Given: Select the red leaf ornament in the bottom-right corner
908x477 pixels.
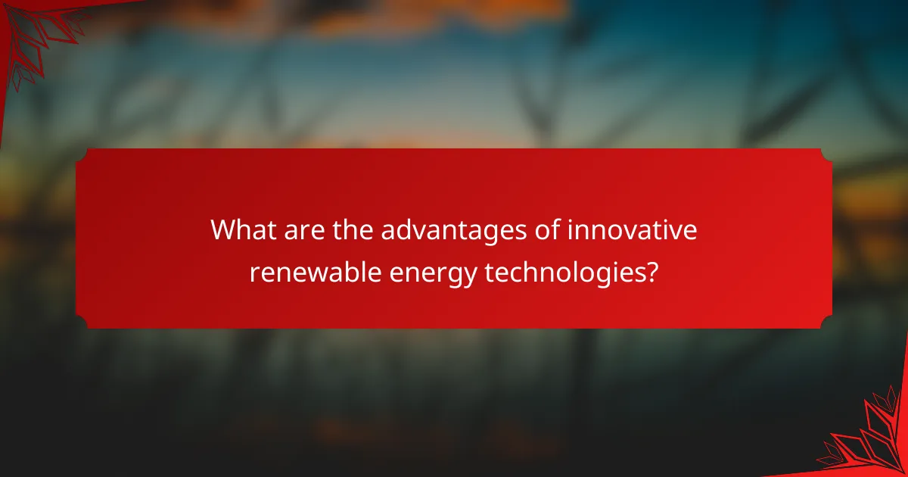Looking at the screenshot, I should pyautogui.click(x=870, y=439).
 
